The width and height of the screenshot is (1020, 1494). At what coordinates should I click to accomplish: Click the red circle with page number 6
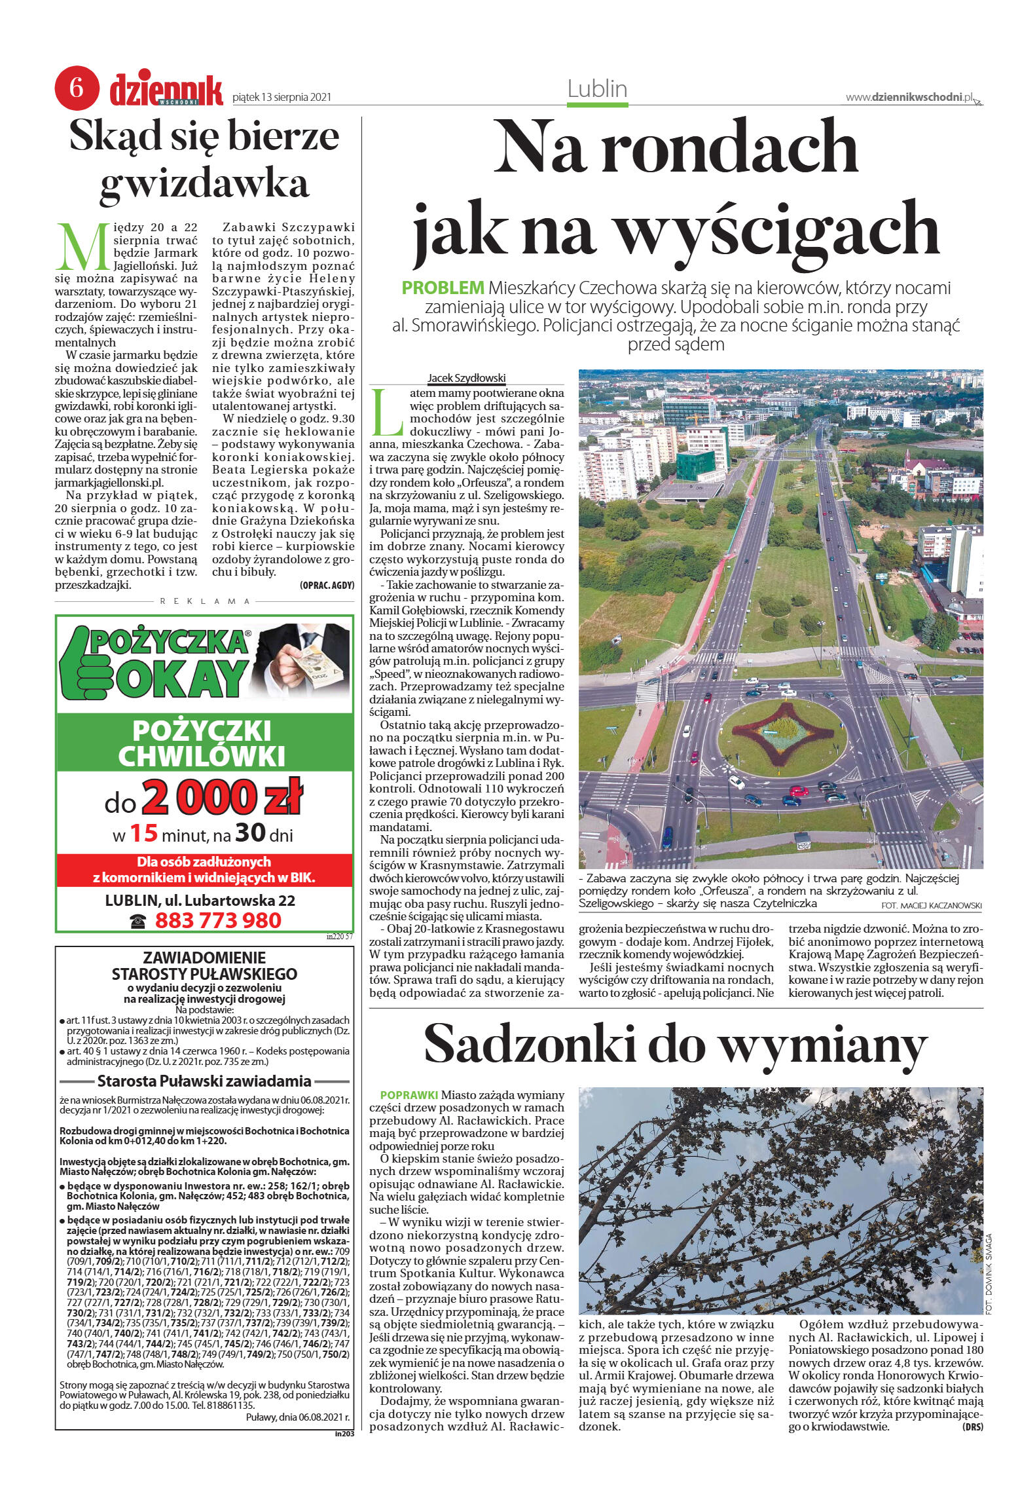[x=76, y=88]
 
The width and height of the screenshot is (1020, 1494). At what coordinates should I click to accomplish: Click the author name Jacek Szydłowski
[x=467, y=378]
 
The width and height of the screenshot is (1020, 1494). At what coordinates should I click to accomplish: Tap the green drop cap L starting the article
[x=387, y=413]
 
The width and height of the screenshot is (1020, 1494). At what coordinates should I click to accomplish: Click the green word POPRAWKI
[x=409, y=1094]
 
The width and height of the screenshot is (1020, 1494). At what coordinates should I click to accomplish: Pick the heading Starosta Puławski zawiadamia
[x=204, y=1081]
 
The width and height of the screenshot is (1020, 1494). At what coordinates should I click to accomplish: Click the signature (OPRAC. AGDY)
[x=326, y=585]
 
